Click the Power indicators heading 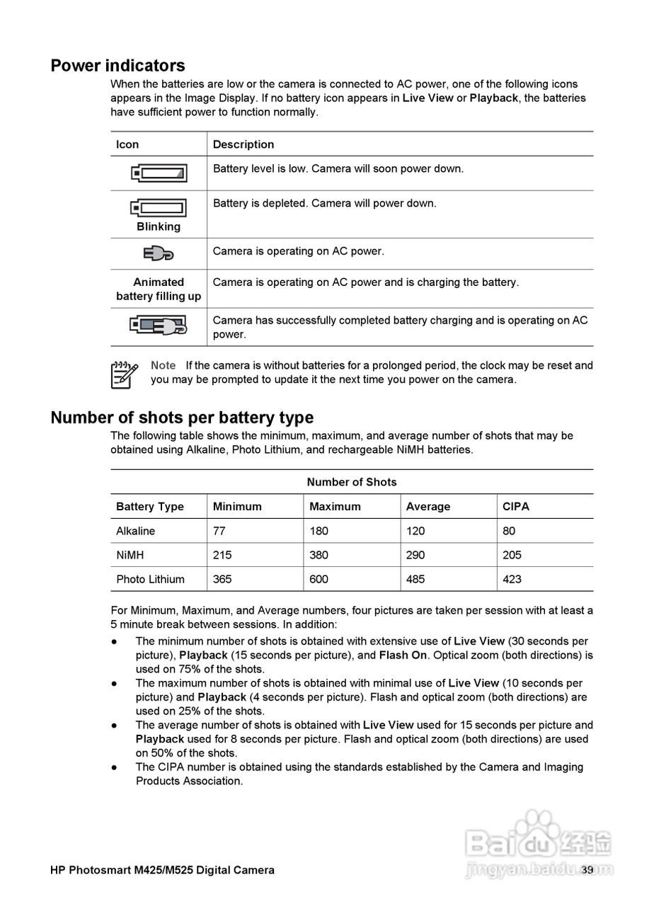point(117,66)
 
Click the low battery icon point(159,173)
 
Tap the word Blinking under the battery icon point(159,226)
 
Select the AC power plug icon point(159,253)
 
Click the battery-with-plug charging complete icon point(159,326)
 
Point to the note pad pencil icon point(124,374)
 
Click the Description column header point(243,144)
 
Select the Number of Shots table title point(352,482)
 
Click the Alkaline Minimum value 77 point(219,531)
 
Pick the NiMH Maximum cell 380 point(319,555)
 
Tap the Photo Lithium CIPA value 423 point(512,579)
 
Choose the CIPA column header point(515,507)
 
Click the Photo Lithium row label point(150,579)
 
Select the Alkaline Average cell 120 point(415,531)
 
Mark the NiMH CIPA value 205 point(512,555)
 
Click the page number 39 point(587,870)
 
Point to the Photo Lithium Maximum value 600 point(319,579)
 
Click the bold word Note point(163,365)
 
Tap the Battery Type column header point(149,507)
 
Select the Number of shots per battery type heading point(182,417)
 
